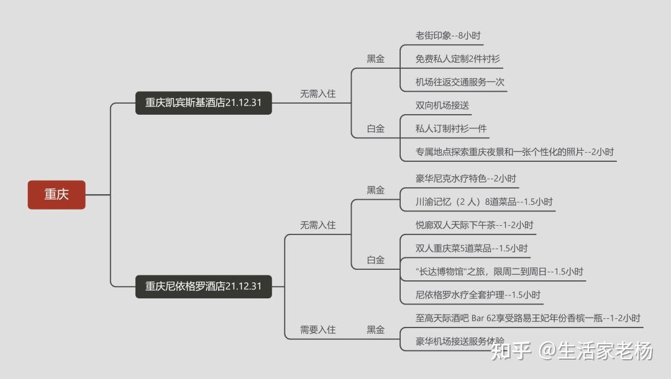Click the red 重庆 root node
(57, 194)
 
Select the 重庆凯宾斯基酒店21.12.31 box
(204, 102)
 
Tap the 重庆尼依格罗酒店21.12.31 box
(204, 286)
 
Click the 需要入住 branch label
(317, 330)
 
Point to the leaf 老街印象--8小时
(448, 35)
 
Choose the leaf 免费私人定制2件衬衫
(458, 59)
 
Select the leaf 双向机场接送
(442, 105)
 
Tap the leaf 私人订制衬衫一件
(452, 128)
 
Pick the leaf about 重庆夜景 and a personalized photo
(515, 152)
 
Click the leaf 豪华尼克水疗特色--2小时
(466, 179)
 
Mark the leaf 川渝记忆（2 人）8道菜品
(484, 202)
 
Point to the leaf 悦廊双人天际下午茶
(474, 225)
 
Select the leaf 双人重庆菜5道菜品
(472, 248)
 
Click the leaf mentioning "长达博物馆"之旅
(500, 272)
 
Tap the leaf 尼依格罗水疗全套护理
(478, 295)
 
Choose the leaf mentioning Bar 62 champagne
(528, 318)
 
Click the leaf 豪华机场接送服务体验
(460, 341)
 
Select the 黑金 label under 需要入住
(375, 330)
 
